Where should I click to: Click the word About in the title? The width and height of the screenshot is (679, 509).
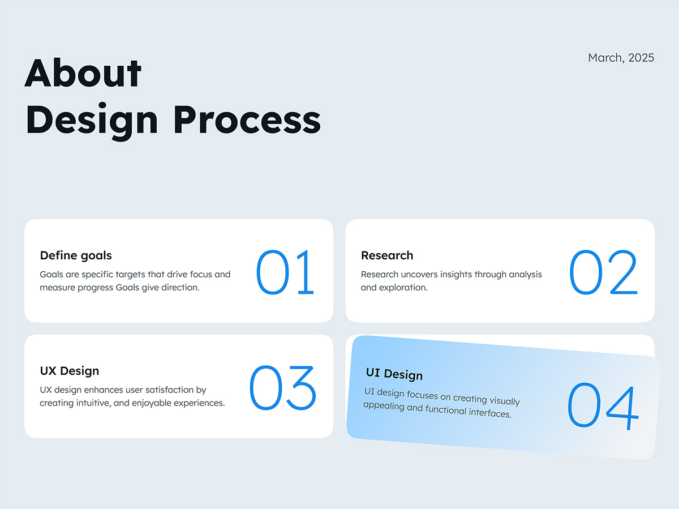point(83,73)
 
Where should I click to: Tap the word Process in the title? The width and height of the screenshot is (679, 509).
point(247,119)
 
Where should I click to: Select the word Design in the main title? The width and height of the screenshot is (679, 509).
point(92,122)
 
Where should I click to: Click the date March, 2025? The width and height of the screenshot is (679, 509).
point(621,58)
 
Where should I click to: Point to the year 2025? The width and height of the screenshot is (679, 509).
point(641,58)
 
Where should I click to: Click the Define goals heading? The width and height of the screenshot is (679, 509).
point(76,255)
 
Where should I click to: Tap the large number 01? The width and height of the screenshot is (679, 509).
point(285,272)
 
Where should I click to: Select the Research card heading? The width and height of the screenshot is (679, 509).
point(387,255)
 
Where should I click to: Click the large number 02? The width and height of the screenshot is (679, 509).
point(603,272)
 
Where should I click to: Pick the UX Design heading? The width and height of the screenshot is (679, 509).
point(69,371)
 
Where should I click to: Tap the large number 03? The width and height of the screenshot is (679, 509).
point(283,387)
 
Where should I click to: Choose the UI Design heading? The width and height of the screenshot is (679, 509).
point(394,374)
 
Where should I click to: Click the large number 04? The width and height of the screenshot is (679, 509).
point(603,407)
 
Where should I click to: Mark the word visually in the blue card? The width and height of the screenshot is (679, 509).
point(504,401)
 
